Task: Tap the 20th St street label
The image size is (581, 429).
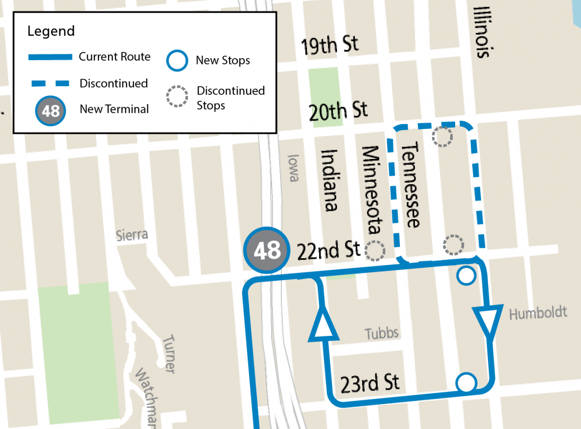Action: pos(338,111)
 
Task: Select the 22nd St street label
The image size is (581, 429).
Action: pos(329,250)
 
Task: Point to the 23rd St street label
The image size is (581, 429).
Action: pos(370,383)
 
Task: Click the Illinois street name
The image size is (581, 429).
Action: pos(483,32)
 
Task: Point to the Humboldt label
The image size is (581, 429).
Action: pos(538,313)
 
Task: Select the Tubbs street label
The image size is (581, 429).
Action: pos(382,333)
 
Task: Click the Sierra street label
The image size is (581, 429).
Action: pos(132,236)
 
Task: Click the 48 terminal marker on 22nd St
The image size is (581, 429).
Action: pos(267,251)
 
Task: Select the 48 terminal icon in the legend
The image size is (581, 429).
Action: pos(50,111)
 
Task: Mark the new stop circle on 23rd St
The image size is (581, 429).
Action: pos(466,382)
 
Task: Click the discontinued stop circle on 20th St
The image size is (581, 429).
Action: pos(442,137)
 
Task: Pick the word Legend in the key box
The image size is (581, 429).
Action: pos(51,32)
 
